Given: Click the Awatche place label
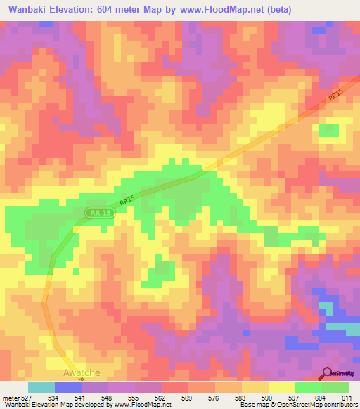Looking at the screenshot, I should pyautogui.click(x=82, y=372).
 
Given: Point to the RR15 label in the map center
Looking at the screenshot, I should pyautogui.click(x=126, y=201).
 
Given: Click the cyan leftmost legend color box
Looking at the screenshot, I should pyautogui.click(x=41, y=387).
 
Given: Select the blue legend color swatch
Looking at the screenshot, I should pyautogui.click(x=68, y=387).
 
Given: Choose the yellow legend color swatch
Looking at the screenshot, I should pyautogui.click(x=281, y=387).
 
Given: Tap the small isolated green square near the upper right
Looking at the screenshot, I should pyautogui.click(x=328, y=130).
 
